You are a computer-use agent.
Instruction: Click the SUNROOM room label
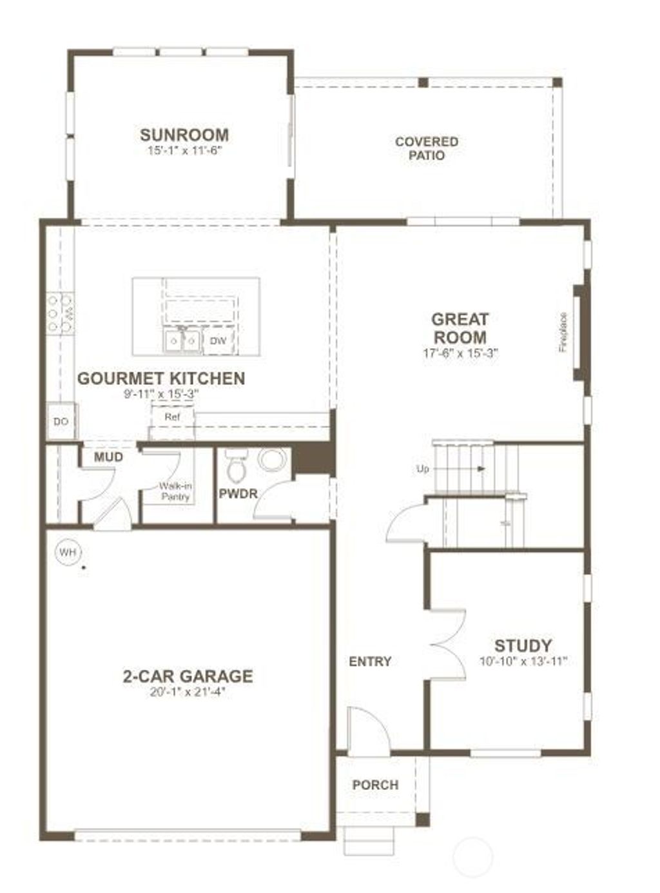pos(184,135)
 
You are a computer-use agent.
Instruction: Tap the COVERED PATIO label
pos(427,148)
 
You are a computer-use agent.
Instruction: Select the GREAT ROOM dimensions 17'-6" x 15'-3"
pos(460,353)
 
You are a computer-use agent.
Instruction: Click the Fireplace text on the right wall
pos(563,332)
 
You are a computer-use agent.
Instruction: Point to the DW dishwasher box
pos(218,341)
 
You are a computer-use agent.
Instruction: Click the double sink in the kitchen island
pos(182,340)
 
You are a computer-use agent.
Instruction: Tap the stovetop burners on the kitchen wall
pos(59,313)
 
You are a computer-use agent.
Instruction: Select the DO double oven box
pos(61,422)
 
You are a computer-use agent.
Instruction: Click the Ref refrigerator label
pos(172,417)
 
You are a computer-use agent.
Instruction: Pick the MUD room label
pos(108,458)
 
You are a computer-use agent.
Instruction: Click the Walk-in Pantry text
pos(175,492)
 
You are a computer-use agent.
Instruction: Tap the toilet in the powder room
pos(237,466)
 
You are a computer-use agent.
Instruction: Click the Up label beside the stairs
pos(423,469)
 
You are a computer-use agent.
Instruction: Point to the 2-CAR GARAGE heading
pos(188,676)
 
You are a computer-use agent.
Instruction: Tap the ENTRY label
pos(370,662)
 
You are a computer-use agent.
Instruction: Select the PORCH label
pos(375,785)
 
